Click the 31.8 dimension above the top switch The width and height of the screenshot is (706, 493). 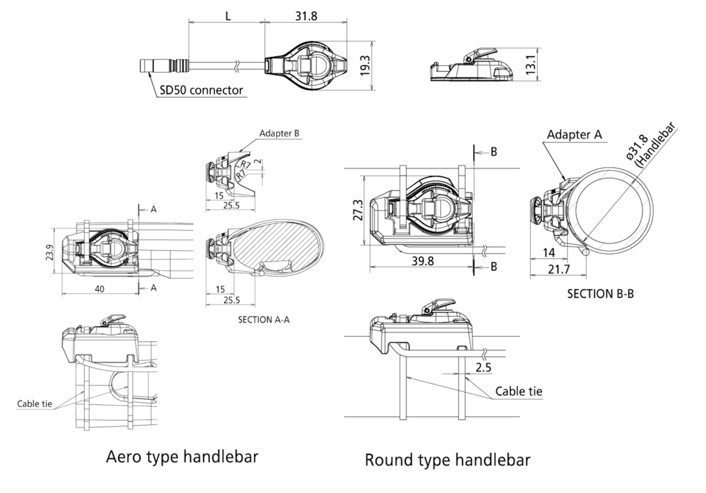(x=305, y=16)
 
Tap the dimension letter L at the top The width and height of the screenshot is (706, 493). (x=228, y=16)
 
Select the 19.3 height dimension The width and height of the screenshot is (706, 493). (x=365, y=65)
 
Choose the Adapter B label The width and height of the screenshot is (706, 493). (x=280, y=134)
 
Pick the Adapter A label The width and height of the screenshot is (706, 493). (x=574, y=135)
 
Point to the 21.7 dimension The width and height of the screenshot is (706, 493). (x=558, y=269)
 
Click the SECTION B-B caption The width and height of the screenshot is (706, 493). (x=600, y=293)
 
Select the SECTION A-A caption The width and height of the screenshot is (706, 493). (x=264, y=320)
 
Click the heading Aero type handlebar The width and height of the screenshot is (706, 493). (x=182, y=457)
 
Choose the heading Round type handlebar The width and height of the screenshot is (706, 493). (x=447, y=459)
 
